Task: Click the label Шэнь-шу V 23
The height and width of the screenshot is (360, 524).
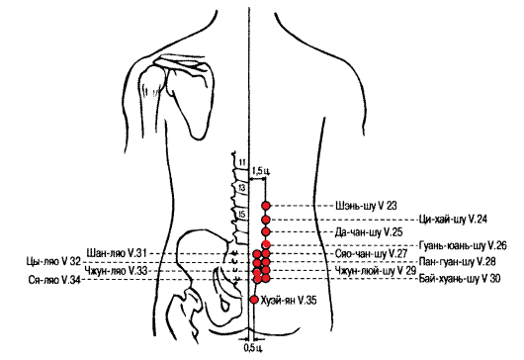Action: coord(366,206)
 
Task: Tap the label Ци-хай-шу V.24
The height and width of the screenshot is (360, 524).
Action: coord(453,220)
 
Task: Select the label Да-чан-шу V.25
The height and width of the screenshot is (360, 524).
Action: coord(369,232)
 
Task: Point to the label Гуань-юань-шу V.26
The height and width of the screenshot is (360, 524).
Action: coord(463,245)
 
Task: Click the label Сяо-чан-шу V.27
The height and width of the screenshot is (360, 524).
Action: coord(372,254)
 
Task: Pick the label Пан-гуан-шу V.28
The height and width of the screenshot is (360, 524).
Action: coord(457,261)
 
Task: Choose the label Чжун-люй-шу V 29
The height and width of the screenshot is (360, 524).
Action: coord(376,270)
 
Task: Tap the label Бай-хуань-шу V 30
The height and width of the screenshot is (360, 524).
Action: coord(460,279)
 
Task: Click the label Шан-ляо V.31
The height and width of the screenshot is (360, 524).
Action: coord(117,253)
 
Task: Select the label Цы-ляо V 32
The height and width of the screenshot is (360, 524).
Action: coord(53,261)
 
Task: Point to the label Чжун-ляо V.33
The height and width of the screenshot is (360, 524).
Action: coord(116,270)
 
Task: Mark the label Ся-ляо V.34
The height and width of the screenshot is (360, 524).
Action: coord(54,280)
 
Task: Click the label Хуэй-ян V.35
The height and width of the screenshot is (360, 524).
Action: coord(289,301)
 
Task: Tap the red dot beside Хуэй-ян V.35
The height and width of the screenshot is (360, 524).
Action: coord(254,299)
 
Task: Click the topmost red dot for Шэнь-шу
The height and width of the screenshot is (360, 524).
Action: coord(266,206)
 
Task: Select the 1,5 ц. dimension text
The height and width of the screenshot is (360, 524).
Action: coord(261,171)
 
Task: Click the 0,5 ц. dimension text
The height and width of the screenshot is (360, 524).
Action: coord(253,347)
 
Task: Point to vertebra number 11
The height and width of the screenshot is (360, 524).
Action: coord(242,163)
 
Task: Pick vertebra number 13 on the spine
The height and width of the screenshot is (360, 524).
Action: coord(241,188)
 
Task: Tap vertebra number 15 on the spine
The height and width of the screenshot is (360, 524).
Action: coord(242,215)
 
